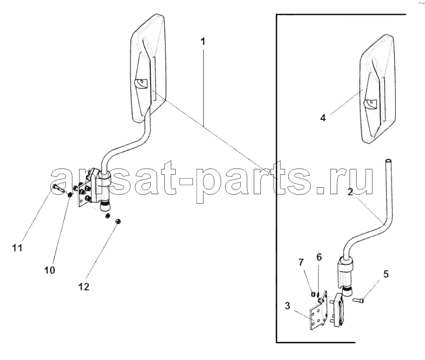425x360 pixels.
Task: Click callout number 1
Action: tap(203, 41)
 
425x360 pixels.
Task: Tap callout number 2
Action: tap(350, 192)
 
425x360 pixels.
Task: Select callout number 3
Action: tap(287, 306)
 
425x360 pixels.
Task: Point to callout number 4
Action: tap(323, 118)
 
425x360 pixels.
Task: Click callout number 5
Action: tap(386, 274)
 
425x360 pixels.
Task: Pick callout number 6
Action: tap(319, 257)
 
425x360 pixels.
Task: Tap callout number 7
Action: tap(301, 262)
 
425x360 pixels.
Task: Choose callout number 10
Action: tap(50, 270)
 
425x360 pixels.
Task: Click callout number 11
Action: tap(17, 248)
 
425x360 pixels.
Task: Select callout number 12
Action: tap(84, 287)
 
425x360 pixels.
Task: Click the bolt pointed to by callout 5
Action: tap(359, 300)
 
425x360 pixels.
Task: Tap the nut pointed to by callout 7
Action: tap(313, 294)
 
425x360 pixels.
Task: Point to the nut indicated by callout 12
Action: tap(118, 221)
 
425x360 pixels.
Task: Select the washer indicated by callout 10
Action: tap(70, 194)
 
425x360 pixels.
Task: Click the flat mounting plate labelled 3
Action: tap(318, 311)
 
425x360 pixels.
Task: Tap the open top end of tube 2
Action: tap(388, 161)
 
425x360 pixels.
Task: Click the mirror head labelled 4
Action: tap(378, 89)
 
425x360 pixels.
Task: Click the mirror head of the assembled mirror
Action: tap(148, 69)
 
